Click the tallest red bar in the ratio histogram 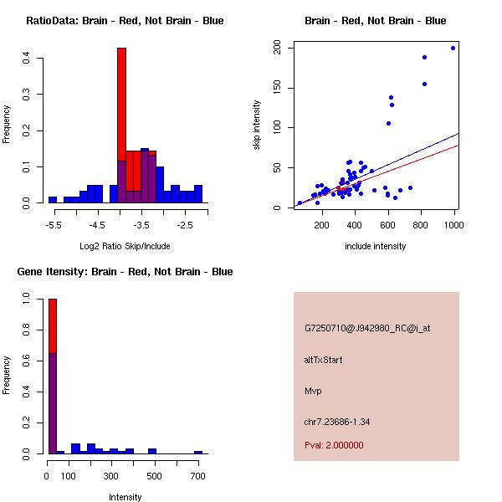(x=121, y=100)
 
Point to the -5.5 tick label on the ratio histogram (x=53, y=225)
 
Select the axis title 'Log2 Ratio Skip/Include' (x=125, y=245)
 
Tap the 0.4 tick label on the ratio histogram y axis (x=28, y=59)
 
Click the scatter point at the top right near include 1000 (x=453, y=48)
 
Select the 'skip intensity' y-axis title (x=257, y=125)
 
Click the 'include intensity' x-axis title (x=376, y=246)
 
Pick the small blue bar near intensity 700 (x=198, y=452)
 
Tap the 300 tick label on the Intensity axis (x=111, y=476)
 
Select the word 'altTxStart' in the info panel (x=324, y=360)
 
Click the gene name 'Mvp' (x=314, y=391)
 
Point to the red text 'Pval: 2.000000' (x=334, y=445)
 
